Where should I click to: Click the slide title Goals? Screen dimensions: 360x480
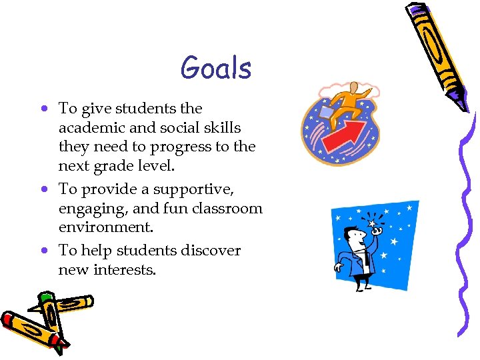[215, 69]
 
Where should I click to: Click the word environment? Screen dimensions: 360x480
[105, 227]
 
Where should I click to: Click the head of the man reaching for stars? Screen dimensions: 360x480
[353, 235]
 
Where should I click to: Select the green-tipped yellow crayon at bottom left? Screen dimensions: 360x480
[63, 306]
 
